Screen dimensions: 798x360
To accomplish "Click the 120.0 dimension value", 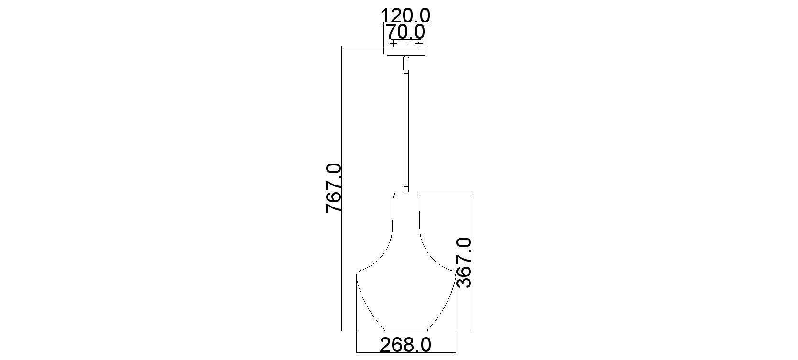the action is tap(405, 16).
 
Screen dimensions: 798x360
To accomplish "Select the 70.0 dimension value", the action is tap(406, 32).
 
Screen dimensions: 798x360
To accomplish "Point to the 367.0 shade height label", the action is tap(463, 263).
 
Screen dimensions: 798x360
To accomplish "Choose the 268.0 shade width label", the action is tap(405, 345).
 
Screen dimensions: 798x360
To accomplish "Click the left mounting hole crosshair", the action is tap(393, 44).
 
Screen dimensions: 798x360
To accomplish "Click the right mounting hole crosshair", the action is tap(419, 44).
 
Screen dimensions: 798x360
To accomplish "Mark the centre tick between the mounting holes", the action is tap(406, 44).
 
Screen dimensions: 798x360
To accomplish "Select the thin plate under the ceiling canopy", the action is tap(406, 55).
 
